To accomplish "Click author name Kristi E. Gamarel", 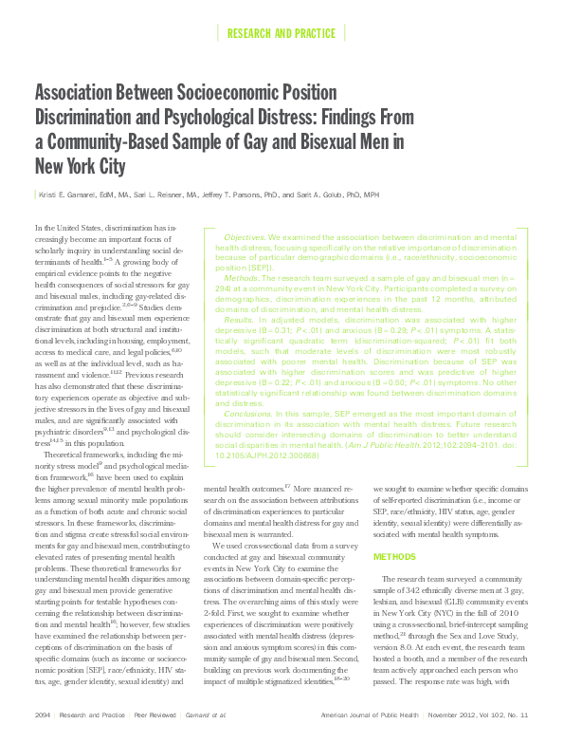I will click(71, 195).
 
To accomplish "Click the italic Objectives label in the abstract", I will click(245, 235).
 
